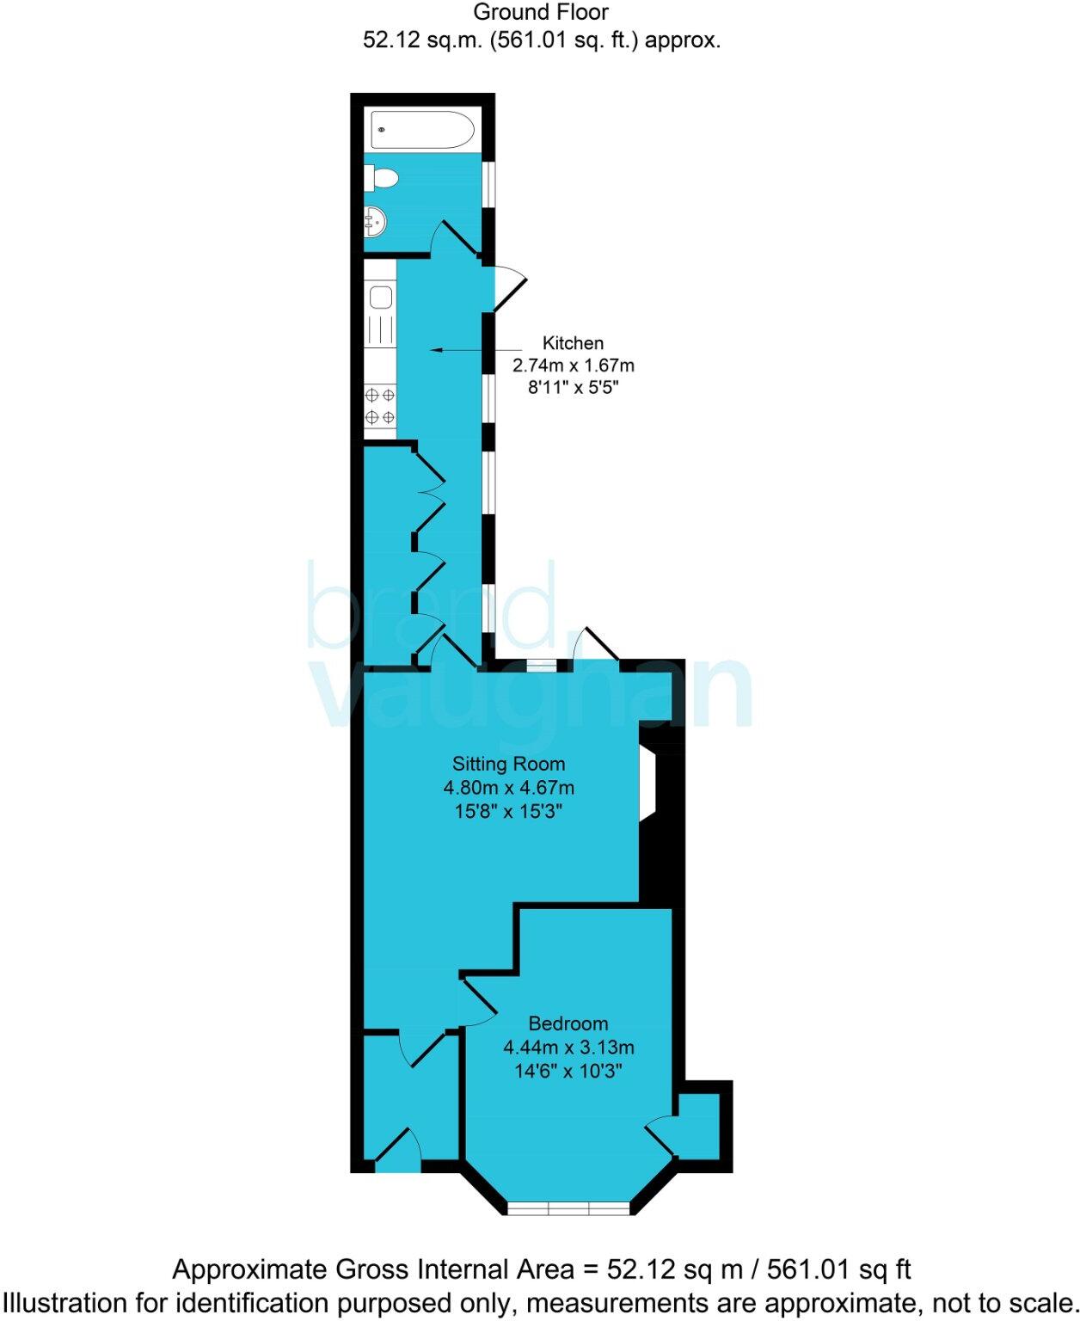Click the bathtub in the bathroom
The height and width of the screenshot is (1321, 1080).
coord(422,131)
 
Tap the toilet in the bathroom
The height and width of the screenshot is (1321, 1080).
coord(383,179)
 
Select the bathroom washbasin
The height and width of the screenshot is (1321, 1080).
coord(376,222)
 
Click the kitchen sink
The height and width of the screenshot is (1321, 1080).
coord(380,298)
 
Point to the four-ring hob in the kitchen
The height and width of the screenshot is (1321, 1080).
coord(380,406)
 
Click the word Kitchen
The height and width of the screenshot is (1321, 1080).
coord(573,343)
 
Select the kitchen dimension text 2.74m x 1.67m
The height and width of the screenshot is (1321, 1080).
coord(573,366)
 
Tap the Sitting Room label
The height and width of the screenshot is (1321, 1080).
coord(508,764)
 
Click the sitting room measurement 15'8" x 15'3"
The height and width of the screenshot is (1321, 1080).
coord(508,811)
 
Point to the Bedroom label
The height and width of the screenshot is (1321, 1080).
coord(568,1023)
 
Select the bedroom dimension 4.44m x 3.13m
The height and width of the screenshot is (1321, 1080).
coord(568,1048)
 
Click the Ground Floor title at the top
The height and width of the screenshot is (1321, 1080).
coord(541,13)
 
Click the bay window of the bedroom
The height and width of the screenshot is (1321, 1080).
coord(568,1207)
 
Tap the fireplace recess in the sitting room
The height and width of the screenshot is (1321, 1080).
coord(647,783)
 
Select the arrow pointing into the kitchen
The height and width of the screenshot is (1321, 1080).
coord(456,350)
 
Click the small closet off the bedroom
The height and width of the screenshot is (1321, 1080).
coord(697,1126)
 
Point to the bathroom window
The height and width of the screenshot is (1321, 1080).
coord(488,184)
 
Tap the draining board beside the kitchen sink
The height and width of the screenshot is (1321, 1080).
coord(380,329)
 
